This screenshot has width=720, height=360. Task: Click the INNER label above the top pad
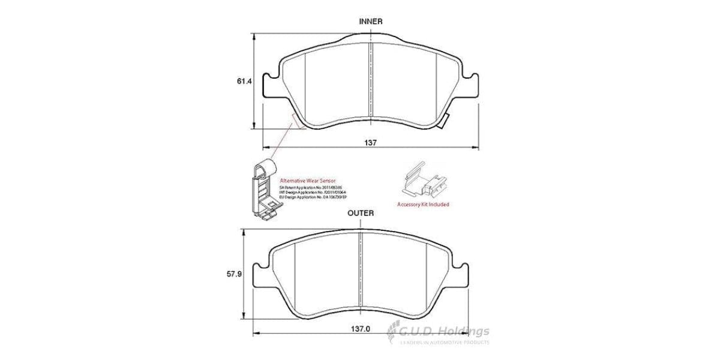pos(370,21)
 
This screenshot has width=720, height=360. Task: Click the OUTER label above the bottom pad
pos(361,213)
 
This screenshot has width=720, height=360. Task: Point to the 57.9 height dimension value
pos(234,274)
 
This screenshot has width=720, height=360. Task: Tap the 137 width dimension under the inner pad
pos(371,143)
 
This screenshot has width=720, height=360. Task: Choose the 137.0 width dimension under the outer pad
pos(359,329)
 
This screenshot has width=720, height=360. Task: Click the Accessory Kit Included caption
pos(423,205)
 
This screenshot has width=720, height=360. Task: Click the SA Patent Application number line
pos(307,187)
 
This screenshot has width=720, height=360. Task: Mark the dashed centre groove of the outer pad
pos(360,270)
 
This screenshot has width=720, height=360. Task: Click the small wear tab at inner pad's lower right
pos(443,124)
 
